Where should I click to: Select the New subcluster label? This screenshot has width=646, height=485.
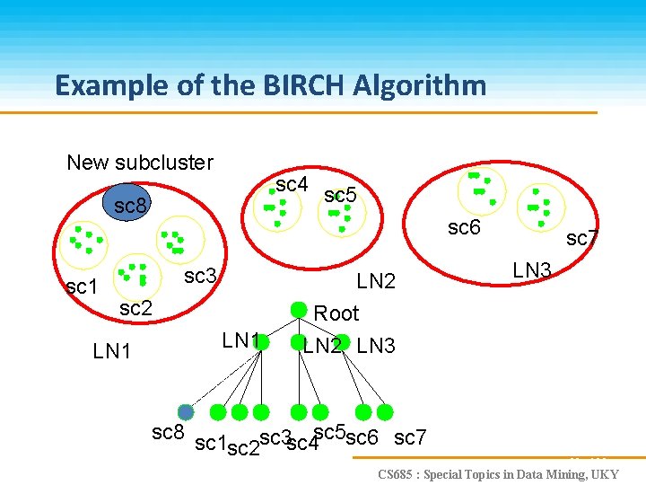[x=140, y=163]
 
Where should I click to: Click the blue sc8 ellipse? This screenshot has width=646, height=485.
[x=130, y=204]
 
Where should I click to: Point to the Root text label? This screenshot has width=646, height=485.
[x=336, y=313]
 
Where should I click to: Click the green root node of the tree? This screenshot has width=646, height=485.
[x=299, y=310]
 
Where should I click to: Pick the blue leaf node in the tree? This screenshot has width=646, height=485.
[x=186, y=412]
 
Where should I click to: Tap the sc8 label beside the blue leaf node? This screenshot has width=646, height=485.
[x=168, y=433]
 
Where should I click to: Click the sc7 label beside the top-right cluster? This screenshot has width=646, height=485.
[x=582, y=238]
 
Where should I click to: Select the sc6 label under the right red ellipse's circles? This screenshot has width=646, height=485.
[x=464, y=228]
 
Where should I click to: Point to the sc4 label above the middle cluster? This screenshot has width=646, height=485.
[x=292, y=184]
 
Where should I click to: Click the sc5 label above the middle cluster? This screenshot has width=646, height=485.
[x=340, y=195]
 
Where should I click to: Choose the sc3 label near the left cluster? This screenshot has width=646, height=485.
[x=200, y=276]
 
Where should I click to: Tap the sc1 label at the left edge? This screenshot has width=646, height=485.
[x=82, y=287]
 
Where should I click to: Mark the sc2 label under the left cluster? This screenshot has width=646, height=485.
[x=135, y=309]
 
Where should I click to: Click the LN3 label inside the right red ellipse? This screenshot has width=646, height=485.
[x=531, y=269]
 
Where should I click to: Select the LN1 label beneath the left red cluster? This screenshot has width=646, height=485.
[x=112, y=351]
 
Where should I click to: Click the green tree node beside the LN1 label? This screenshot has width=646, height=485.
[x=261, y=342]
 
